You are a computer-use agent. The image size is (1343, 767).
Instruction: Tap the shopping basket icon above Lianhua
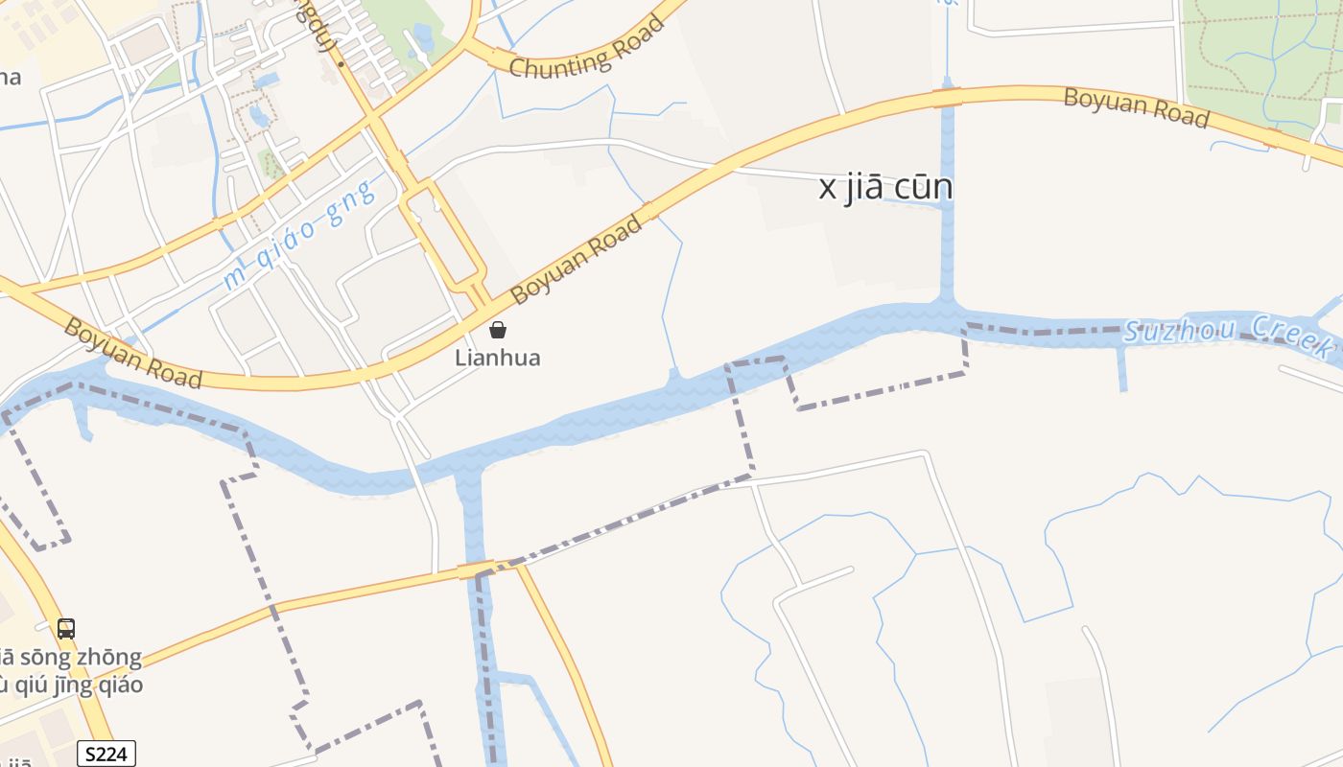(498, 331)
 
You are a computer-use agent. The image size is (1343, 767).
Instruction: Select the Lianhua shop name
(498, 359)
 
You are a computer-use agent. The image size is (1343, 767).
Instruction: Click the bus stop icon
(65, 629)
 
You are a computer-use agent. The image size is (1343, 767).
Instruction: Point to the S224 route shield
(106, 754)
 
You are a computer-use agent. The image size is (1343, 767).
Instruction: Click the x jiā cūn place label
(885, 188)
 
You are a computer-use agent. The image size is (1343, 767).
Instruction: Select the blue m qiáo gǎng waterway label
(296, 235)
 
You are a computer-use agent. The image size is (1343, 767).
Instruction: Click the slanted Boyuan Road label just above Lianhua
(577, 261)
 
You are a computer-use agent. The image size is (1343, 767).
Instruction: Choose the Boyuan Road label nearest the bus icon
(132, 353)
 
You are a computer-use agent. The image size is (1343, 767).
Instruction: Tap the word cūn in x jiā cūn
(923, 188)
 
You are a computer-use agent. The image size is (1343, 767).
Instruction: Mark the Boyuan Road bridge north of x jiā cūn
(947, 97)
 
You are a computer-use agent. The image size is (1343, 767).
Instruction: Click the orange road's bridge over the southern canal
(476, 570)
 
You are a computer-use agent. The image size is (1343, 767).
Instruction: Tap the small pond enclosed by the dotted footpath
(258, 115)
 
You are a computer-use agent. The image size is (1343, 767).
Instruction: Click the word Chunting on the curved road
(556, 59)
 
